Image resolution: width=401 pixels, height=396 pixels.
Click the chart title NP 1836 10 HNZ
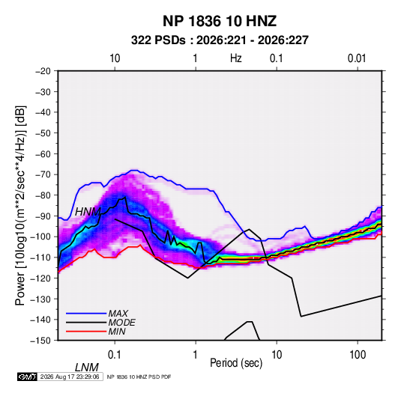(x=220, y=21)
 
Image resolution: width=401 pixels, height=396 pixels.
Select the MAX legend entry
(x=118, y=313)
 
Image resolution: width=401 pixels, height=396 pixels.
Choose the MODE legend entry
(x=121, y=323)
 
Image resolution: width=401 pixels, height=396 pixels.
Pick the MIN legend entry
(x=117, y=332)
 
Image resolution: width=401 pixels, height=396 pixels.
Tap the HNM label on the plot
(x=88, y=212)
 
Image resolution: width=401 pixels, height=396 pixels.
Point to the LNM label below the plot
(x=87, y=368)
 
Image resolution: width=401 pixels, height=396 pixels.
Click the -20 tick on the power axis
(x=43, y=71)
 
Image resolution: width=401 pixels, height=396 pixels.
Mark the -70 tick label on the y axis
(x=43, y=174)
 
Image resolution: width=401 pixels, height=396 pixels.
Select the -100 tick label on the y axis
(x=40, y=237)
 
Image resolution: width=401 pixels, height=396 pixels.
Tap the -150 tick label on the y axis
(x=40, y=341)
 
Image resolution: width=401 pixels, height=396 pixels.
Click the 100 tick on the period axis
(x=358, y=355)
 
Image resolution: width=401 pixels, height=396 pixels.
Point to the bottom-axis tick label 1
(x=196, y=355)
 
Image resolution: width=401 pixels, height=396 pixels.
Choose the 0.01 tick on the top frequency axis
(x=357, y=58)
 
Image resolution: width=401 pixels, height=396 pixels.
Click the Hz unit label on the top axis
(x=235, y=58)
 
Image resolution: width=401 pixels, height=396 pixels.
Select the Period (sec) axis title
(x=236, y=363)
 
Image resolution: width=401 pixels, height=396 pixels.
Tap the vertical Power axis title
(x=20, y=206)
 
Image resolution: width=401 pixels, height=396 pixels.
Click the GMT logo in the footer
(x=28, y=377)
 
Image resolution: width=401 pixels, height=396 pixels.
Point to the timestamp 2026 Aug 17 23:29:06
(x=70, y=377)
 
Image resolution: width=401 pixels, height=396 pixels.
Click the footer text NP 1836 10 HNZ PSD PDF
(x=139, y=377)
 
